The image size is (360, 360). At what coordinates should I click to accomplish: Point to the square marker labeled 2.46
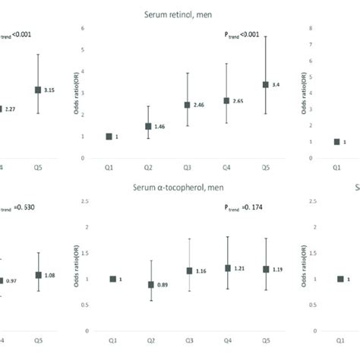coord(188,105)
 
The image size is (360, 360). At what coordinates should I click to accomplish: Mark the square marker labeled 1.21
coord(226,268)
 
